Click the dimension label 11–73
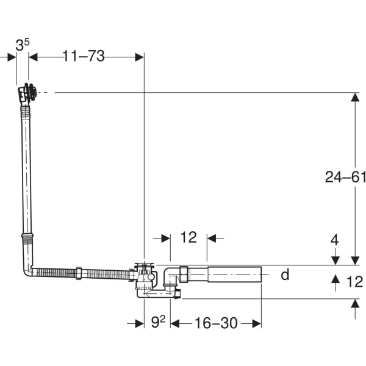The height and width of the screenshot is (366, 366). (84, 56)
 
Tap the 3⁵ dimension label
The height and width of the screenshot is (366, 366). (23, 45)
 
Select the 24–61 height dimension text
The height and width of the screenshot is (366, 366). (345, 177)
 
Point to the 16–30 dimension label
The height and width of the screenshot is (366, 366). (216, 323)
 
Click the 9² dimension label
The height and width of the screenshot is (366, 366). (158, 322)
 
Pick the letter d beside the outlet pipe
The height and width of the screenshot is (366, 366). (285, 274)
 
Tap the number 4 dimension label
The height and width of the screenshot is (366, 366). (335, 240)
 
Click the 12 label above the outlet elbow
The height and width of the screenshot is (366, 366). (188, 237)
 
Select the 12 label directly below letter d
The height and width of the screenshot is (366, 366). (355, 281)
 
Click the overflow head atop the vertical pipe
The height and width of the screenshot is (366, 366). (27, 92)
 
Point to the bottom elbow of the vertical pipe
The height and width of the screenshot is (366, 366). (28, 271)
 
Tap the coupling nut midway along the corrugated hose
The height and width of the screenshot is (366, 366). (79, 273)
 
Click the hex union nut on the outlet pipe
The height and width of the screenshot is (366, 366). (184, 274)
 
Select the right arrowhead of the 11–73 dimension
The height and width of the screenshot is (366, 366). (139, 57)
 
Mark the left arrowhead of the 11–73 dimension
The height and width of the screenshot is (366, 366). (33, 57)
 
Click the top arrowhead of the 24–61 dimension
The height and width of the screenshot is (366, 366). (355, 97)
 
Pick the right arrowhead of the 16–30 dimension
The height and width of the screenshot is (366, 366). (257, 324)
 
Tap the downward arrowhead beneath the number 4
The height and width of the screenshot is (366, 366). (335, 260)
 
